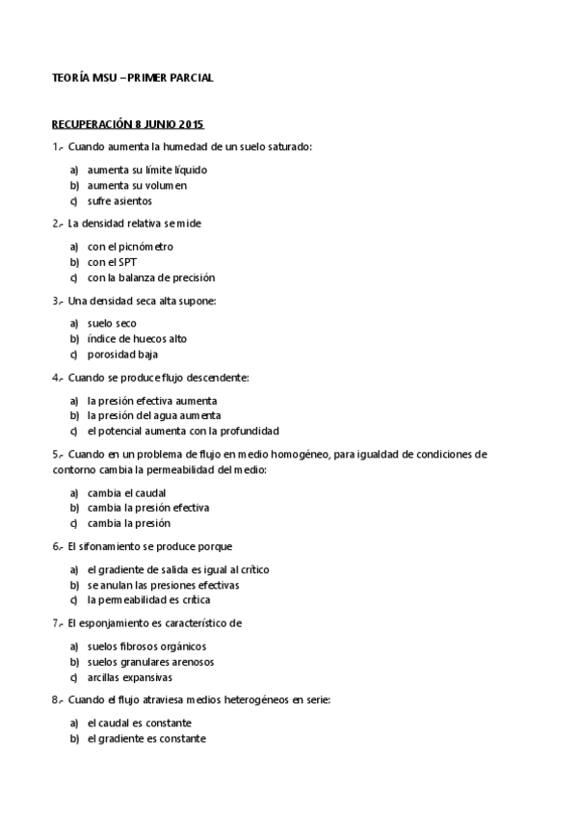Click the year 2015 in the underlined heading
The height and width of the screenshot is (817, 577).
[192, 124]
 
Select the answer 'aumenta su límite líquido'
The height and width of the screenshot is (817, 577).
[146, 170]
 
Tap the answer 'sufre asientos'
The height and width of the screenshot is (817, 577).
[119, 200]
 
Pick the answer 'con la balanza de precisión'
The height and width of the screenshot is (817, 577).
[150, 277]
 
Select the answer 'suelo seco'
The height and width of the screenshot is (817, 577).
[112, 324]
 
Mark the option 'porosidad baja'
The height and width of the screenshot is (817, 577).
[122, 354]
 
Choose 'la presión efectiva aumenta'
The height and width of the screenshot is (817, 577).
[151, 400]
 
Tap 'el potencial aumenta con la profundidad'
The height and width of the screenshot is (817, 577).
[183, 431]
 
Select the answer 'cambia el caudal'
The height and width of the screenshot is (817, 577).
[126, 492]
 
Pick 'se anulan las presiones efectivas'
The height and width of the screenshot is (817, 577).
[163, 585]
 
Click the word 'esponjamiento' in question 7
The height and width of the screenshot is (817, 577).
[116, 623]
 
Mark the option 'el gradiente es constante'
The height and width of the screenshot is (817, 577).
[145, 738]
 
